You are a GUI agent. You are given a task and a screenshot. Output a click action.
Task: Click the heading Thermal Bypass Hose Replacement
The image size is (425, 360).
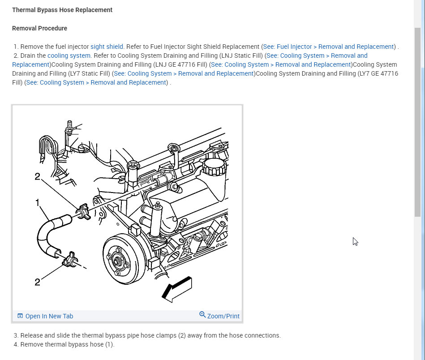click(62, 10)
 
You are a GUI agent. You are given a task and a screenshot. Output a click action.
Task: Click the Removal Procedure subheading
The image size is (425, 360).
click(39, 28)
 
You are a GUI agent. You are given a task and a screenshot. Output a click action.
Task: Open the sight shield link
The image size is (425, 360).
click(107, 47)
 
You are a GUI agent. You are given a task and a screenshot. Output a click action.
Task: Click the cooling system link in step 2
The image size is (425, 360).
click(69, 56)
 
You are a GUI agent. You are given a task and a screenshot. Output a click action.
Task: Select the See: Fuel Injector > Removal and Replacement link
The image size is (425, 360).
click(328, 47)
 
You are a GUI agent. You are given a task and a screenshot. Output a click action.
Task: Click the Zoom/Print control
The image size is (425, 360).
click(219, 316)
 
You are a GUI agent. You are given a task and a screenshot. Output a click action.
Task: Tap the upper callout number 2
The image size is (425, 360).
click(38, 176)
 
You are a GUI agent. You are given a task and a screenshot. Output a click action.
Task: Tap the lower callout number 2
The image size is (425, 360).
click(38, 282)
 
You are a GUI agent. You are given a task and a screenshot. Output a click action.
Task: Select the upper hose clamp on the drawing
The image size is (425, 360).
click(84, 211)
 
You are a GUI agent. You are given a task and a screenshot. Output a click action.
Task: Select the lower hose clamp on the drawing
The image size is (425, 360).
click(70, 260)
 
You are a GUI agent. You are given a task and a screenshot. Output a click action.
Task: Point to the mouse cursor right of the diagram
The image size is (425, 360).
click(355, 241)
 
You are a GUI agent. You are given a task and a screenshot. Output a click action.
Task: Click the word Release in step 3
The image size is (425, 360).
click(32, 335)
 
